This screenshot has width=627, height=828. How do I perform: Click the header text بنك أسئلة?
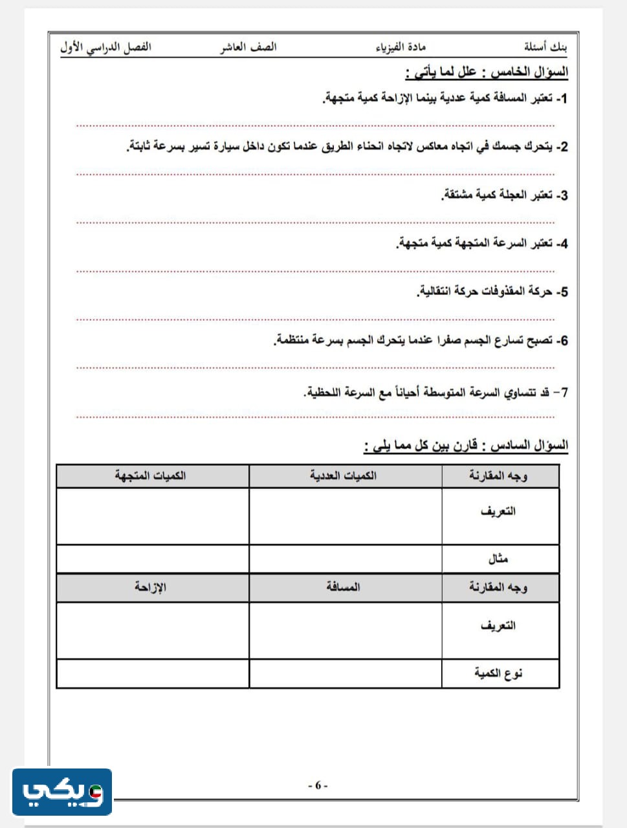point(545,47)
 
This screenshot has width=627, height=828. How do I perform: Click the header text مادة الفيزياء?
point(401,47)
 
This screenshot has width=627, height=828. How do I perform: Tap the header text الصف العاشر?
point(248,47)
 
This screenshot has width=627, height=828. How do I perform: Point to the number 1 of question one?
point(563,98)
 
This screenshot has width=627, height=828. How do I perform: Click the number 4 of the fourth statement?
point(563,244)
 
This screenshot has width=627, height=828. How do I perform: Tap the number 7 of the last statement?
point(564,393)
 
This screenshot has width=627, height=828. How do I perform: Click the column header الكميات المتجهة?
point(151,475)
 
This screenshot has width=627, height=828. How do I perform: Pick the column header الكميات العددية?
point(343,475)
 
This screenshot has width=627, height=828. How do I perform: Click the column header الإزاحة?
point(150,587)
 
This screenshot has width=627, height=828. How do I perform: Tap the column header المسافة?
point(343,587)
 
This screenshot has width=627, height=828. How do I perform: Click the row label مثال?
point(498,558)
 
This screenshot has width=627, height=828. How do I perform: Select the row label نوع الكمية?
point(498,673)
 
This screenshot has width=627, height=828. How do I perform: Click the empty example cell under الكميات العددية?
point(345,558)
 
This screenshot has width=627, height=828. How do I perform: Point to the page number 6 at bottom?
point(318,785)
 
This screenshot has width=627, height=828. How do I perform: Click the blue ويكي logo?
point(62,792)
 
